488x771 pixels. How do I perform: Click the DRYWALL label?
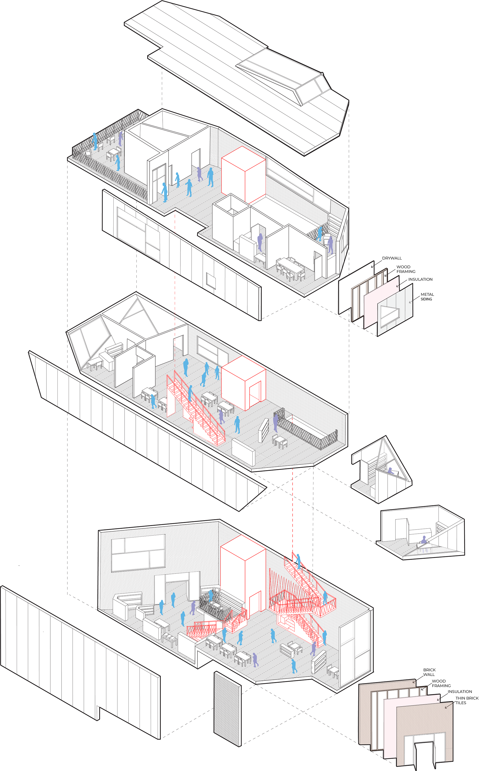[391, 258]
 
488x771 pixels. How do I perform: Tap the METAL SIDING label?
[427, 297]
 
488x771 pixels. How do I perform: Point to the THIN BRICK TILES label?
[467, 700]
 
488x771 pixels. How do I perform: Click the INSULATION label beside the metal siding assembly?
[420, 279]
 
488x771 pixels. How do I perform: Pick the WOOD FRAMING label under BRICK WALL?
[441, 683]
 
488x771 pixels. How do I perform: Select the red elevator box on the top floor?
[243, 175]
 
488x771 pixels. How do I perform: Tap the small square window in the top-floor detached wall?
[210, 281]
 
